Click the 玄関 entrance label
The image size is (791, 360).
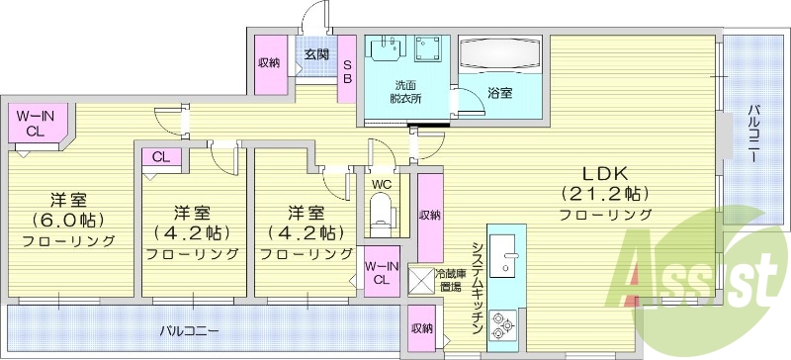tap(316, 54)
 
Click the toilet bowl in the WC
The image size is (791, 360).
tap(381, 211)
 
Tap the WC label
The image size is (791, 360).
tap(381, 184)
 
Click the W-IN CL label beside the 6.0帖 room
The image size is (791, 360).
tap(35, 124)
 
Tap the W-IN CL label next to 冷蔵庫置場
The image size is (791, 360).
tap(381, 272)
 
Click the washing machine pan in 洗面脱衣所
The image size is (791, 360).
tap(429, 50)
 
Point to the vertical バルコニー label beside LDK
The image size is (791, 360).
tap(752, 133)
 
